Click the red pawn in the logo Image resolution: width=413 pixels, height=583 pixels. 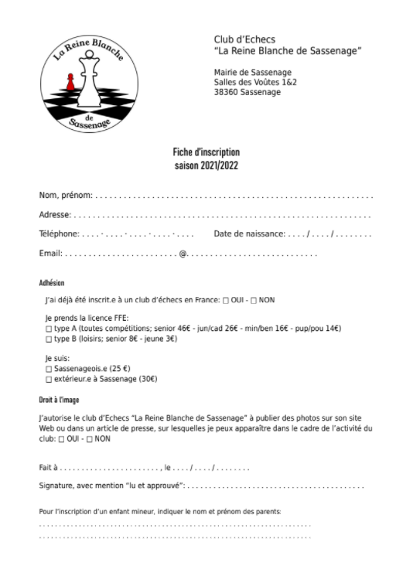pyautogui.click(x=70, y=81)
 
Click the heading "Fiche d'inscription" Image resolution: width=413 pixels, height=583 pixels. pyautogui.click(x=206, y=152)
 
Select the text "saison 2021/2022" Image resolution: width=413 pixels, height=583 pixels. pyautogui.click(x=206, y=165)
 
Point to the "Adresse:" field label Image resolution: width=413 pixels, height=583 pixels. pyautogui.click(x=55, y=214)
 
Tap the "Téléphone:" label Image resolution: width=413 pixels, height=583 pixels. pyautogui.click(x=59, y=234)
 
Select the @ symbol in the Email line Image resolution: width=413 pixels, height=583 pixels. pyautogui.click(x=183, y=253)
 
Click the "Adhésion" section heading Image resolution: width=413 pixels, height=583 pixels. pyautogui.click(x=52, y=283)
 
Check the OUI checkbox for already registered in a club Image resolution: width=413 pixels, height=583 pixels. pyautogui.click(x=226, y=300)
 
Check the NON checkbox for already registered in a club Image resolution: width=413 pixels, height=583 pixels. pyautogui.click(x=254, y=300)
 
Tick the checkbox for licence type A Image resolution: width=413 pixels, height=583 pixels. pyautogui.click(x=49, y=329)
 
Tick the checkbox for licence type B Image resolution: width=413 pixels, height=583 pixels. pyautogui.click(x=49, y=339)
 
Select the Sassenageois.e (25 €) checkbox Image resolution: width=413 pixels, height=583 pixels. pyautogui.click(x=49, y=369)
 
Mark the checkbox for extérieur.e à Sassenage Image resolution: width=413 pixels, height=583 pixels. pyautogui.click(x=49, y=379)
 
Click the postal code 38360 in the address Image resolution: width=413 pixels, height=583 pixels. pyautogui.click(x=227, y=92)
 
